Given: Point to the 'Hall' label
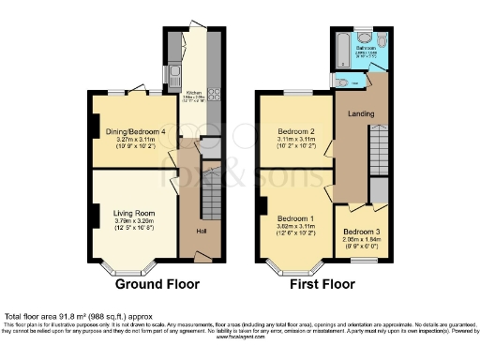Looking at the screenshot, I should (201, 231).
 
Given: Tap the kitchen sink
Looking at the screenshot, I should (173, 74).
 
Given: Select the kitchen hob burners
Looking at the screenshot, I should (214, 93).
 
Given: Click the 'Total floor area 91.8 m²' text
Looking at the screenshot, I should (66, 316).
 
